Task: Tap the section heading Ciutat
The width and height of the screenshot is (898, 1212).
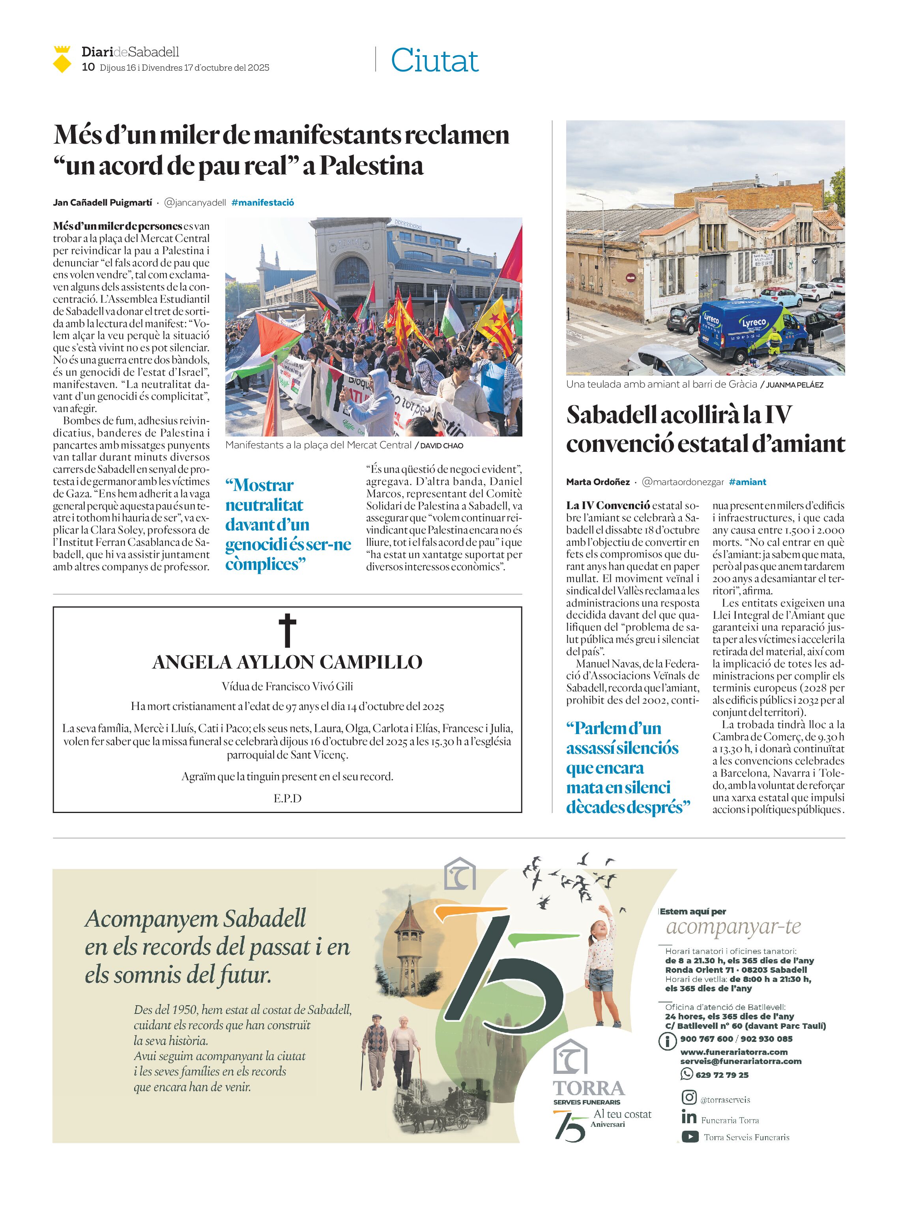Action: (x=434, y=60)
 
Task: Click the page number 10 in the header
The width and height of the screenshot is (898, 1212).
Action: (x=88, y=67)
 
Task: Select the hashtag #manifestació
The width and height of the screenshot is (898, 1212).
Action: (x=262, y=202)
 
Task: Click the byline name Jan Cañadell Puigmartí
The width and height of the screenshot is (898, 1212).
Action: (x=102, y=202)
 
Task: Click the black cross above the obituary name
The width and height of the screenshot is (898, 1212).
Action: (x=288, y=630)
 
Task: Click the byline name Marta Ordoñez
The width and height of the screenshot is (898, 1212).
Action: (x=598, y=482)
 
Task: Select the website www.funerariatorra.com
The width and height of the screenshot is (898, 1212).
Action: (x=734, y=1052)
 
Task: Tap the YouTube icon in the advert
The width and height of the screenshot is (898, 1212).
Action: (x=690, y=1136)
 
